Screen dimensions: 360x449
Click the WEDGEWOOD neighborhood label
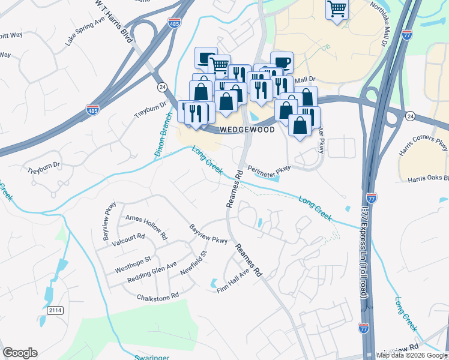(247, 130)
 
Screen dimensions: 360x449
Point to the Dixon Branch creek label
(163, 136)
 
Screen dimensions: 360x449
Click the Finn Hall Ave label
(233, 282)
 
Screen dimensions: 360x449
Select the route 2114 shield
(55, 310)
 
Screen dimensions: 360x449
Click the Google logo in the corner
(20, 353)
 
